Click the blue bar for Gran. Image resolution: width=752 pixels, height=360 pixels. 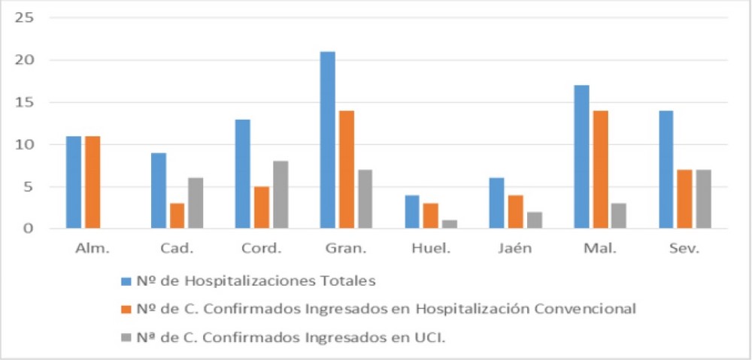[x=327, y=140]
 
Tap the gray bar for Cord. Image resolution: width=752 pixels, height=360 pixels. [x=280, y=195]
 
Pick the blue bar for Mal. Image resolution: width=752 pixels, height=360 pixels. [x=581, y=156]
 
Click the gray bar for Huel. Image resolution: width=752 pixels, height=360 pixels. [x=449, y=224]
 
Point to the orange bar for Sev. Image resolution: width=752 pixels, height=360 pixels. [x=684, y=198]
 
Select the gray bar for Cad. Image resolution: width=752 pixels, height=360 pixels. [x=196, y=203]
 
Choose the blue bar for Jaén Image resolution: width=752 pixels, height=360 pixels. [x=497, y=203]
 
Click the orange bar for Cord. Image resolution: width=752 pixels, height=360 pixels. [x=261, y=207]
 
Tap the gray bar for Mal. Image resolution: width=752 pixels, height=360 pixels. [x=618, y=216]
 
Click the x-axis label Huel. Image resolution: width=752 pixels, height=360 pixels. [x=430, y=248]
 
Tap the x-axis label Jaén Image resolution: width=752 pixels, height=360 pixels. [x=515, y=248]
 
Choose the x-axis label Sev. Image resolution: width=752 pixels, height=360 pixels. [x=684, y=248]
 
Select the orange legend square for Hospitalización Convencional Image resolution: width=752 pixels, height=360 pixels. [x=126, y=309]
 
